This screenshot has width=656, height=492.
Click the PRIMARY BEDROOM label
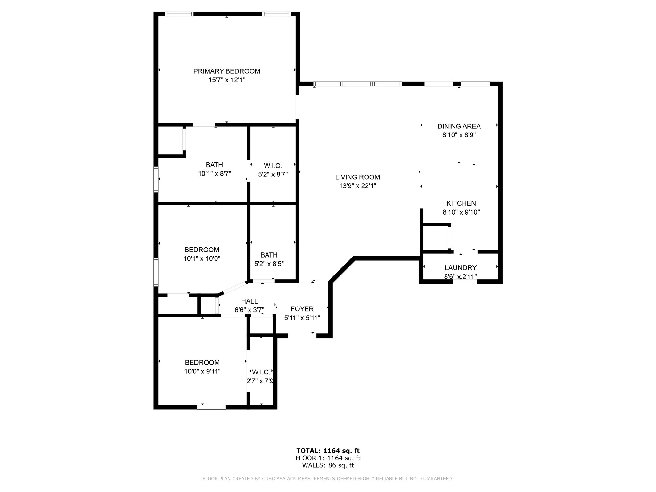pyautogui.click(x=226, y=71)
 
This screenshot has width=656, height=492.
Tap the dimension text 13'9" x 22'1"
pyautogui.click(x=357, y=186)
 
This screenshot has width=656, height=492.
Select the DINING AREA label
pyautogui.click(x=459, y=126)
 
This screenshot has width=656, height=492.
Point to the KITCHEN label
pyautogui.click(x=461, y=203)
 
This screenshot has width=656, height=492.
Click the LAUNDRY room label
pyautogui.click(x=460, y=268)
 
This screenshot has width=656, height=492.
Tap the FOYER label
pyautogui.click(x=302, y=309)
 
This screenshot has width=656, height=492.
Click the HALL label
pyautogui.click(x=249, y=301)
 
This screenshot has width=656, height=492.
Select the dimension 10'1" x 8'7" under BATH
pyautogui.click(x=214, y=174)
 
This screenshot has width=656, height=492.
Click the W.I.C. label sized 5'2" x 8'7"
pyautogui.click(x=273, y=166)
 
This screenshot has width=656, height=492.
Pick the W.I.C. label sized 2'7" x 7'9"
pyautogui.click(x=261, y=372)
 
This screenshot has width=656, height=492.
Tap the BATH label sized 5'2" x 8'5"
pyautogui.click(x=269, y=255)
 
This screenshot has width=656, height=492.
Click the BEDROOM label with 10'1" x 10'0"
pyautogui.click(x=202, y=250)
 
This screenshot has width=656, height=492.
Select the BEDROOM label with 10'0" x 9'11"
pyautogui.click(x=202, y=363)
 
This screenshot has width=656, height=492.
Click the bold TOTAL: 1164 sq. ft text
pyautogui.click(x=328, y=451)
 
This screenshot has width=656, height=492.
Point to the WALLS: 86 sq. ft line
pyautogui.click(x=328, y=465)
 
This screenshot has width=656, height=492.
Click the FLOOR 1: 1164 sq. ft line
pyautogui.click(x=328, y=458)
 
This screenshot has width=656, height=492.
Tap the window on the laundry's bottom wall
pyautogui.click(x=464, y=282)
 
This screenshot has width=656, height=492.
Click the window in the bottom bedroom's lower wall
pyautogui.click(x=211, y=407)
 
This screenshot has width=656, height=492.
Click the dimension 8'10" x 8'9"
pyautogui.click(x=459, y=135)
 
